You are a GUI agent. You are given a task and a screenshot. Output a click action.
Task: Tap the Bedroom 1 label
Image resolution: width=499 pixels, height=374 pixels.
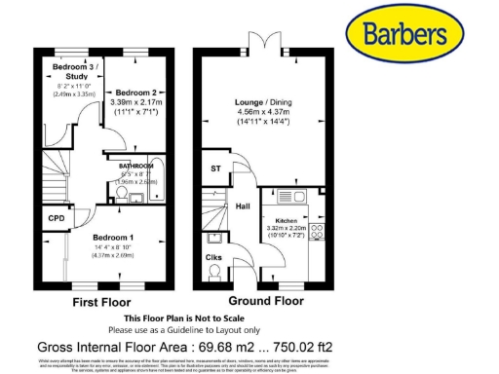tap(113, 238)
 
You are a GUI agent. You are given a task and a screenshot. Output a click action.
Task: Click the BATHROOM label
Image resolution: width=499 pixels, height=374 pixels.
tap(135, 167)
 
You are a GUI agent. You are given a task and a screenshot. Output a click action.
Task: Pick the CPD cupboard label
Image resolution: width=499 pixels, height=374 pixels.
tap(57, 219)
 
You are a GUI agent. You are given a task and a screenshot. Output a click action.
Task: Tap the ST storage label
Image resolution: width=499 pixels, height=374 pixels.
tap(215, 168)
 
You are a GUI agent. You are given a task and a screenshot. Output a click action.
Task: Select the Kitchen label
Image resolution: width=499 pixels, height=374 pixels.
tap(286, 221)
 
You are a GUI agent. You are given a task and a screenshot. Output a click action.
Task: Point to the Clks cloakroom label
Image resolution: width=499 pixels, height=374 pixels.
tap(213, 257)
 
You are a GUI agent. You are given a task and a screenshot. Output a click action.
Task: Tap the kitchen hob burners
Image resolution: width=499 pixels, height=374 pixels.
tap(316, 234)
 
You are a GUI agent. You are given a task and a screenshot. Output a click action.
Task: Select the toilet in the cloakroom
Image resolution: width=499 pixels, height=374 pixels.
tap(213, 273)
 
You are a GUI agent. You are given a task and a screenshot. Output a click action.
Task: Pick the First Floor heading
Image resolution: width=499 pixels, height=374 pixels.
tap(102, 303)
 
